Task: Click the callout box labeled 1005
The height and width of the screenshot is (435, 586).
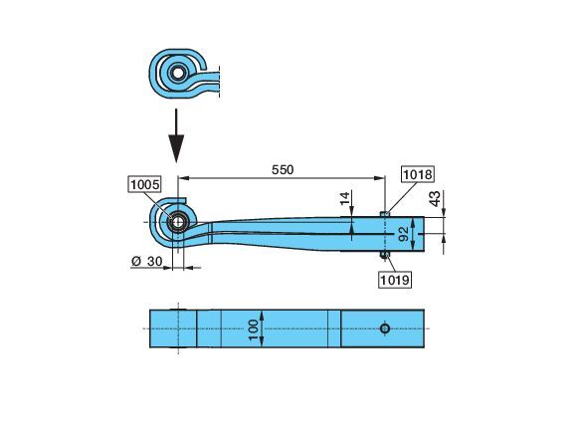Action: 145,184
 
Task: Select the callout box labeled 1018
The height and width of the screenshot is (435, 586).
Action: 418,174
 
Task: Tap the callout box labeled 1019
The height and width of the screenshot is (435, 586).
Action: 395,280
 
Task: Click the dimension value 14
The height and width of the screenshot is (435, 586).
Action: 345,198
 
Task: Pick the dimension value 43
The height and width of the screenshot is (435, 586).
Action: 435,199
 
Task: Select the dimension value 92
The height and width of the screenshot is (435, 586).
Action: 404,234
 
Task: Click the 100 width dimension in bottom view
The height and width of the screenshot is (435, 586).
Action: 253,329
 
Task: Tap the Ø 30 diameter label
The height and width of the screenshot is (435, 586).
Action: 147,261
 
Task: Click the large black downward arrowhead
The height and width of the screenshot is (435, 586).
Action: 176,148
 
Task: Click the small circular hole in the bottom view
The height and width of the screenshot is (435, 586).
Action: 385,328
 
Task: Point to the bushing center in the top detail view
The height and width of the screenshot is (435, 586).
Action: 178,73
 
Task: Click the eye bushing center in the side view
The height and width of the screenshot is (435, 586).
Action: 178,223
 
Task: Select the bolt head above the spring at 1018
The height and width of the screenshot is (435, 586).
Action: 385,214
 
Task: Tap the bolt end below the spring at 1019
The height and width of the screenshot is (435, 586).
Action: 385,255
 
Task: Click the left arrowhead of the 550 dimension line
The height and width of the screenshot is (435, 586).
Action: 182,178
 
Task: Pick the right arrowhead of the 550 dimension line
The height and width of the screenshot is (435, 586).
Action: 380,178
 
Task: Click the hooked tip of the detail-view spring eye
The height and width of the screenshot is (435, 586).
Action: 203,68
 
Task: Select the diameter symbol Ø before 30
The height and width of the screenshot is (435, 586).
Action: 136,261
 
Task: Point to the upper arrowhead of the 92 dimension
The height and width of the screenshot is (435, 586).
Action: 413,222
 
